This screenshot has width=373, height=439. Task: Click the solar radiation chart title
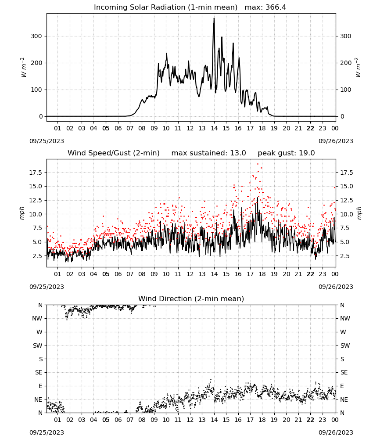coord(165,7)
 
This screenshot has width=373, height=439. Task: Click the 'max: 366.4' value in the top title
coord(265,7)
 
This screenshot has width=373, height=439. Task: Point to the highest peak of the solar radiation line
coord(214,18)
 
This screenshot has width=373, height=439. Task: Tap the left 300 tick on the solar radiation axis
coord(36,36)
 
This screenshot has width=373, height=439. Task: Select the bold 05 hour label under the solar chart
coord(106,128)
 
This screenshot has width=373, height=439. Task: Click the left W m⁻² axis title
coord(24,68)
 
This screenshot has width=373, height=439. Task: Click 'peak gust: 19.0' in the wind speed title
coord(286,153)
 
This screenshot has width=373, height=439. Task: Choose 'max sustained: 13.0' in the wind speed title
coord(208,153)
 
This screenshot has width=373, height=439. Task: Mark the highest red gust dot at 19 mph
coord(258,164)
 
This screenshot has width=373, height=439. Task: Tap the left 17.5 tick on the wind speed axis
coord(35,173)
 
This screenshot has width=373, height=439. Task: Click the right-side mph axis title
coord(359,213)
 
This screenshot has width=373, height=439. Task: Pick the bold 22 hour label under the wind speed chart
coord(310,274)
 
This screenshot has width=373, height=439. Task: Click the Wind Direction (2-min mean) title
coord(191,299)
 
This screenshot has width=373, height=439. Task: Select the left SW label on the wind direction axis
coord(37,345)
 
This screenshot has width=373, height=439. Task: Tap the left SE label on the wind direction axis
coord(39,372)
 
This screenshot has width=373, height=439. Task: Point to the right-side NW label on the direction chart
coord(345,318)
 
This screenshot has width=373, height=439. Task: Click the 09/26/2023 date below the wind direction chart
coord(336,432)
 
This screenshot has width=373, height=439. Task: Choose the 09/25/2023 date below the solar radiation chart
coord(47,141)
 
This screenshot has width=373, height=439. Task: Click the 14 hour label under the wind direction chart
coord(214,420)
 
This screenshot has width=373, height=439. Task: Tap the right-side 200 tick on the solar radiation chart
coord(346,63)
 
